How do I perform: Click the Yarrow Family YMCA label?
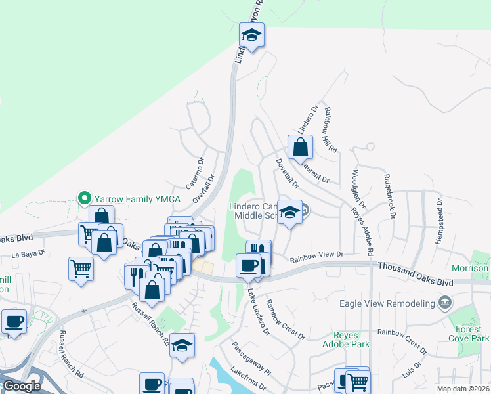pos(125,197)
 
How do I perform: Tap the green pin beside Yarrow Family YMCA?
pos(84,197)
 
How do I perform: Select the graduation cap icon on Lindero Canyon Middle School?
pos(289,212)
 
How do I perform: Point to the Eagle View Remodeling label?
pos(388,303)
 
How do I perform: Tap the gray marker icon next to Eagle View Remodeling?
pos(446,303)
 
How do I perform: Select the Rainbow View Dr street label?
pos(317,255)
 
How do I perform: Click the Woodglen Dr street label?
pos(358,188)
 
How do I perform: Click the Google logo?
pos(22,385)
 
